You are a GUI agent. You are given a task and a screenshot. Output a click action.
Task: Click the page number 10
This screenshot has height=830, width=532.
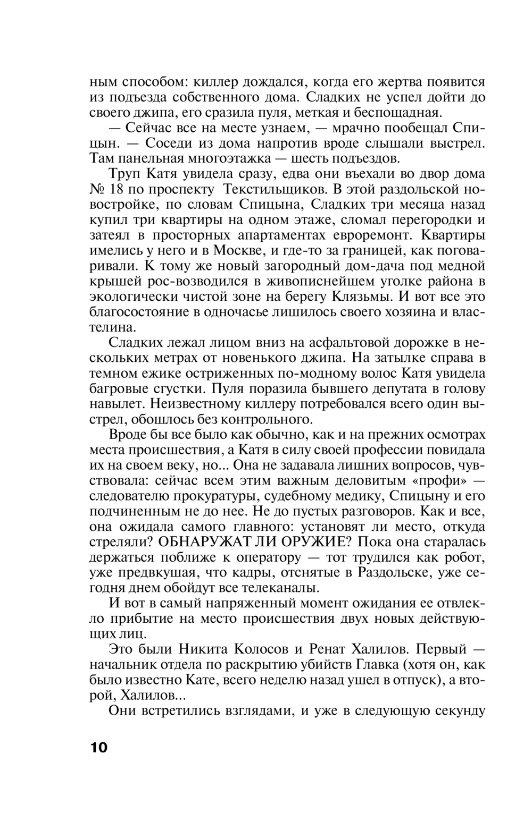pos(98,747)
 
